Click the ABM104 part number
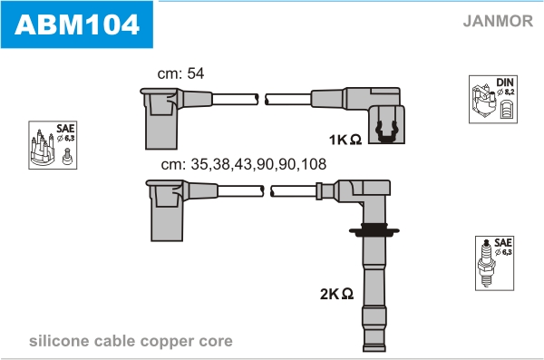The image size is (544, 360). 77,24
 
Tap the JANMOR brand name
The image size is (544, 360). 498,21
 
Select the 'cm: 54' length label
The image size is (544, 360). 180,73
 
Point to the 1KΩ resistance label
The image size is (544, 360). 345,140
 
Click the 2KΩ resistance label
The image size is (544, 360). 336,294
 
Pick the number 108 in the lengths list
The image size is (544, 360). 314,164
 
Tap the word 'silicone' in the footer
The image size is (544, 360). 59,341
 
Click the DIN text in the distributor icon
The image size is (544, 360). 505,83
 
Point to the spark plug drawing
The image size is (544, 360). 486,263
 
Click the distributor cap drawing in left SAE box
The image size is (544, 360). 43,148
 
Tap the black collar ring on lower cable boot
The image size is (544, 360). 374,229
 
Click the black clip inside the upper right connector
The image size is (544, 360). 386,132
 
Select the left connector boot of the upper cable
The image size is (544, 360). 161,118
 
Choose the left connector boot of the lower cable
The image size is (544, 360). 167,210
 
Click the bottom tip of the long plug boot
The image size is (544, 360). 374,351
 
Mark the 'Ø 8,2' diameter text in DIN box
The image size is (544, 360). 506,92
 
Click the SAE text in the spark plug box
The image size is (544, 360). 503,242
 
